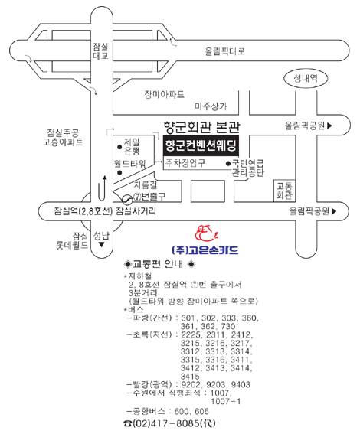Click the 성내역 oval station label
306,79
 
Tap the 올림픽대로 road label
225,51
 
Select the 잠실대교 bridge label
100,51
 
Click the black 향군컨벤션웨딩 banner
201,145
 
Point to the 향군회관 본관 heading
202,127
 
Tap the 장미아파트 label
164,94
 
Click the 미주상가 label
211,106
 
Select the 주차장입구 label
185,163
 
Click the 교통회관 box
284,191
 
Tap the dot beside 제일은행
119,147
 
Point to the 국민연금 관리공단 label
247,168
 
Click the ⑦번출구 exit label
149,196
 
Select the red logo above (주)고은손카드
207,233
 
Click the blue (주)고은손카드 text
205,250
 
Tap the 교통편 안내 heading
159,264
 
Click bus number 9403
241,384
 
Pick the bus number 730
228,326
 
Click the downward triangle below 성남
102,245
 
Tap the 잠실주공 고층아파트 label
63,137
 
